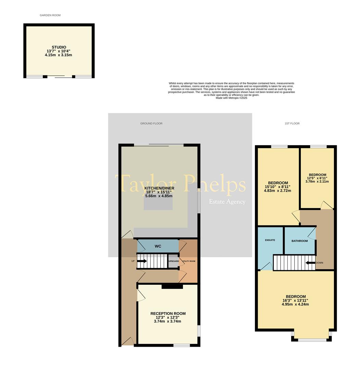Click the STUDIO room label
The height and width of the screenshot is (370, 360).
(x=59, y=47)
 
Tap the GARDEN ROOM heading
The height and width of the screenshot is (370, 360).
(x=50, y=15)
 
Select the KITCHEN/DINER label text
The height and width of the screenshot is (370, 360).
(x=159, y=188)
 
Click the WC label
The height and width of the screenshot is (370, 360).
(x=158, y=246)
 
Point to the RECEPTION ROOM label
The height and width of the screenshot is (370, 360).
(x=168, y=313)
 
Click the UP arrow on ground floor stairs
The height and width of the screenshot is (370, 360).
(x=142, y=261)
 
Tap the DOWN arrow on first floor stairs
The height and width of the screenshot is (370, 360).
(x=310, y=263)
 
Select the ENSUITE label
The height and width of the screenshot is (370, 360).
(x=270, y=240)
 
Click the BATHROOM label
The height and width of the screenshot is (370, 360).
(x=299, y=241)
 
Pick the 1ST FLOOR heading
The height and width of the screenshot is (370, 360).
(x=292, y=123)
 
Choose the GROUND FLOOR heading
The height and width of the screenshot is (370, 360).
(x=151, y=123)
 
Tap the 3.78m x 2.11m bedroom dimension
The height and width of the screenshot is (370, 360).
(x=317, y=182)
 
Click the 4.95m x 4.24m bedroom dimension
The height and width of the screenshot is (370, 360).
(x=295, y=304)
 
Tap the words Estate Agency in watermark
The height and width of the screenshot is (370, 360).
(x=227, y=202)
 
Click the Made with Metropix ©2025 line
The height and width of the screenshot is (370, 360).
(x=231, y=98)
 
